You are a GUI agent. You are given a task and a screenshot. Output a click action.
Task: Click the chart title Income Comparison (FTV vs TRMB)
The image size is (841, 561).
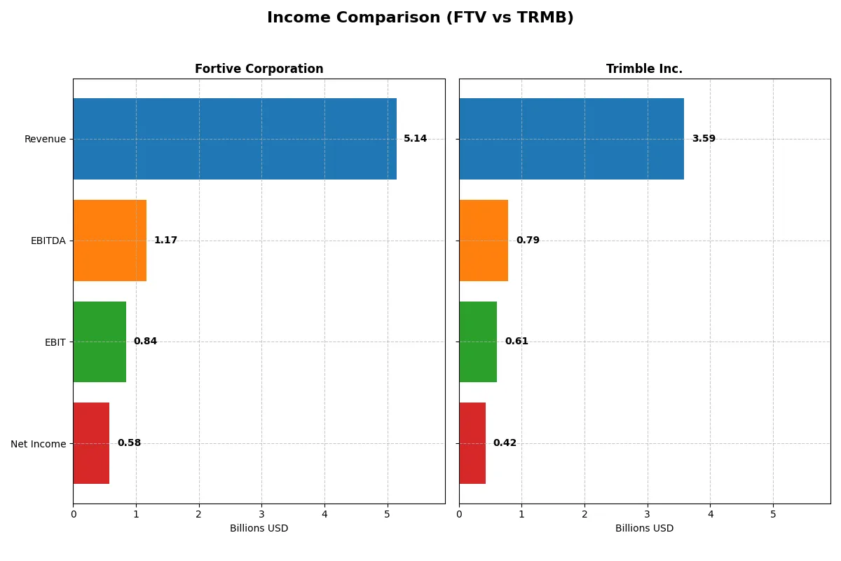pos(420,18)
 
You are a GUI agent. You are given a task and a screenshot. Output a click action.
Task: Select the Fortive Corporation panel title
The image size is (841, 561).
pos(259,69)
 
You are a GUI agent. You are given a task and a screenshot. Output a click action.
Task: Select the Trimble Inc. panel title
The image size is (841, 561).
pos(644,69)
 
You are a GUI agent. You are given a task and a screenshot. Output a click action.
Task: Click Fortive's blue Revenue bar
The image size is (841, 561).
pos(235,139)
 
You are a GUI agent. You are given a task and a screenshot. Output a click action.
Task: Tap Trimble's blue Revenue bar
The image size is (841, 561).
pos(571,139)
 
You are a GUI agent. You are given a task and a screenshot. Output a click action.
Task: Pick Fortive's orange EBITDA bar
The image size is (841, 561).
pos(109,241)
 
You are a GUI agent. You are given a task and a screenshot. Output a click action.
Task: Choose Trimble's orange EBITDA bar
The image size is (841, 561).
pos(484,241)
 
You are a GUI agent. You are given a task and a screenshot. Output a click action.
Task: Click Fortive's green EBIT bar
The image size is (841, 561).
pos(100,342)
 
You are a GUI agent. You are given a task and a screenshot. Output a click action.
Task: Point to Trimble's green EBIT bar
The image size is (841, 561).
pos(478,342)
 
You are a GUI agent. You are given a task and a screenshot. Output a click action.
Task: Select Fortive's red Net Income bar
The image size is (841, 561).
pos(91,443)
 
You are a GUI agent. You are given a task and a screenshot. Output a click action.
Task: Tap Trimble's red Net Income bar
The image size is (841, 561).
pos(472,443)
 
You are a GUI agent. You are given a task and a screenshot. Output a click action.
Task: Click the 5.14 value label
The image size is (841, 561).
pos(415,139)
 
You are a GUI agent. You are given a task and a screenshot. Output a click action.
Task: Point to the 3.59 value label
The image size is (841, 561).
pos(704,139)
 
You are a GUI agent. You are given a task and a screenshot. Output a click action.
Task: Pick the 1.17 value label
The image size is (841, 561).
pos(165,241)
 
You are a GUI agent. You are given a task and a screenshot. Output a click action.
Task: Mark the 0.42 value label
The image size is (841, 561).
pos(505,443)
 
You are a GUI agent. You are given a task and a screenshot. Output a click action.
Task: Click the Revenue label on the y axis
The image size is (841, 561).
pos(45,140)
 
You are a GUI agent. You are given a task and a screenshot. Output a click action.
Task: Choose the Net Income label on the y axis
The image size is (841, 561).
pos(39,444)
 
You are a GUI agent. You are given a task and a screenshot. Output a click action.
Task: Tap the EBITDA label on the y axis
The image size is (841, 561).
pos(48,241)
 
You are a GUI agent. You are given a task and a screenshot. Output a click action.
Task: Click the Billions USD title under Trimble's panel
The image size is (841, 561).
pos(644,529)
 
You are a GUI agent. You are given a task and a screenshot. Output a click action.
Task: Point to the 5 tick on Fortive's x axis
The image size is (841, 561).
pos(387,515)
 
